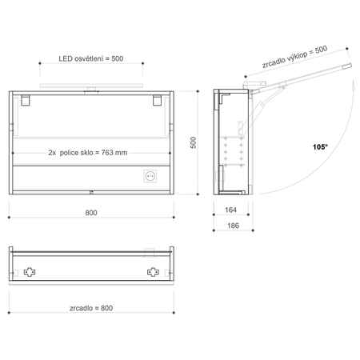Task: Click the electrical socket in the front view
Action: [x=150, y=176]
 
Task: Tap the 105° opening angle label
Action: [x=320, y=146]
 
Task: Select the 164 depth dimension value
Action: [x=230, y=210]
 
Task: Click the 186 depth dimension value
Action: [x=233, y=226]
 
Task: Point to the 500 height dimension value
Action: [x=193, y=142]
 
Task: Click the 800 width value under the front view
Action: [x=91, y=213]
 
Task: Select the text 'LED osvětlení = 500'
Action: [x=91, y=58]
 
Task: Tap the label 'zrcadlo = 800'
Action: [x=91, y=308]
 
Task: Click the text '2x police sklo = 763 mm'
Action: [x=88, y=153]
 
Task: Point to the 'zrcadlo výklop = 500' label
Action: [x=294, y=57]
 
